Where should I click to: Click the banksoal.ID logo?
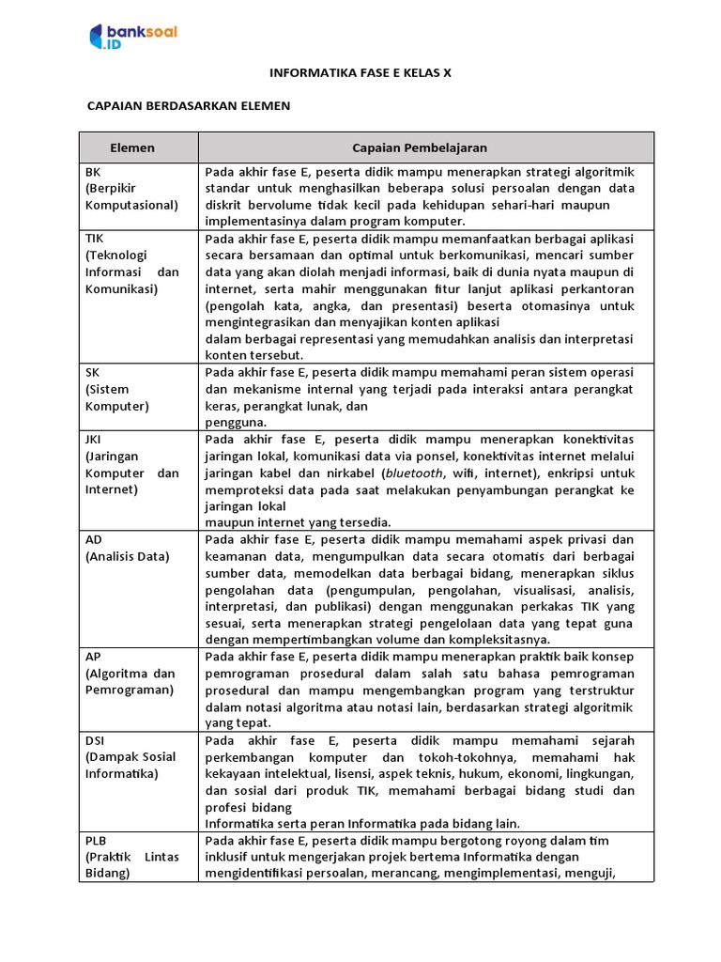coord(132,37)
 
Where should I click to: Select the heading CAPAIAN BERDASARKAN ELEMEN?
coord(189,106)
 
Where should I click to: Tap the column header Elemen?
coord(132,147)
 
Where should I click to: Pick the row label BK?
coord(93,171)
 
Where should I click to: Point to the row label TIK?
coord(94,239)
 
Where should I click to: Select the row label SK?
coord(92,372)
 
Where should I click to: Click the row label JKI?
coord(94,439)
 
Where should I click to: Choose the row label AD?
coord(94,539)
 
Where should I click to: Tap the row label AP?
coord(93,656)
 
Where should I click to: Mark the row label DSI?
coord(95,740)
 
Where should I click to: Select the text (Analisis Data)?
coord(128,556)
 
